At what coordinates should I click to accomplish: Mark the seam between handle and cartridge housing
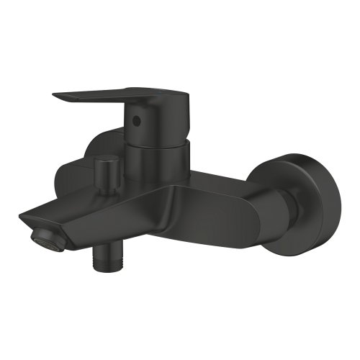click(x=151, y=141)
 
